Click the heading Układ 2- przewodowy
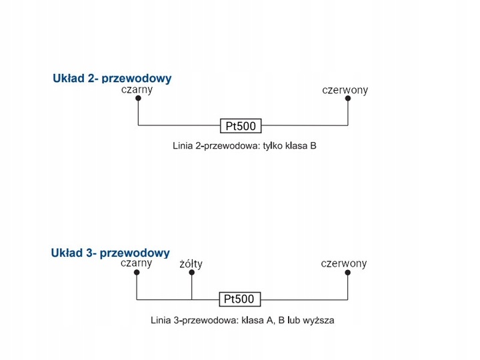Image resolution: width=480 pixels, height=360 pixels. [112, 79]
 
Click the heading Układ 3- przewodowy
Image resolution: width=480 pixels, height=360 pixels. [111, 253]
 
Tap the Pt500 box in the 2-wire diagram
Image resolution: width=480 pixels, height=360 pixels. [241, 125]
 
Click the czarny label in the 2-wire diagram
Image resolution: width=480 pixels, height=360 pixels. [137, 89]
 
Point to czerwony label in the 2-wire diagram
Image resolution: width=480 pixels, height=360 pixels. [345, 89]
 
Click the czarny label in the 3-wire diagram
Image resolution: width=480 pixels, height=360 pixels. [137, 263]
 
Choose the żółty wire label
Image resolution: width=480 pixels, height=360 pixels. [191, 264]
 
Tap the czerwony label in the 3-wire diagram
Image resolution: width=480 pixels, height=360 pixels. [344, 263]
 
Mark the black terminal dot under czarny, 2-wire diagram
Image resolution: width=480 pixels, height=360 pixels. [138, 99]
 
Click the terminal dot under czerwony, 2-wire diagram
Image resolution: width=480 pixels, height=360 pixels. [347, 99]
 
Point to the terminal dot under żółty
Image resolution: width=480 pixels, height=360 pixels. [191, 273]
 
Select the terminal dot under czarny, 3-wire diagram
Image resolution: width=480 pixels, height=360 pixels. [137, 273]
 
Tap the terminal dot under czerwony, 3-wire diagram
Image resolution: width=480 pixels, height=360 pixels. [347, 273]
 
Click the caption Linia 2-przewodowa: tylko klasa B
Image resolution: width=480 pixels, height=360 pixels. [243, 145]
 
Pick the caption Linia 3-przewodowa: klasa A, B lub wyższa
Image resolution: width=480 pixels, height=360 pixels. [243, 320]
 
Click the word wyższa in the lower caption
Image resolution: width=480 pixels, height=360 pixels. [318, 320]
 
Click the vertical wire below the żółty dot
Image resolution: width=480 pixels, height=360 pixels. [191, 287]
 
